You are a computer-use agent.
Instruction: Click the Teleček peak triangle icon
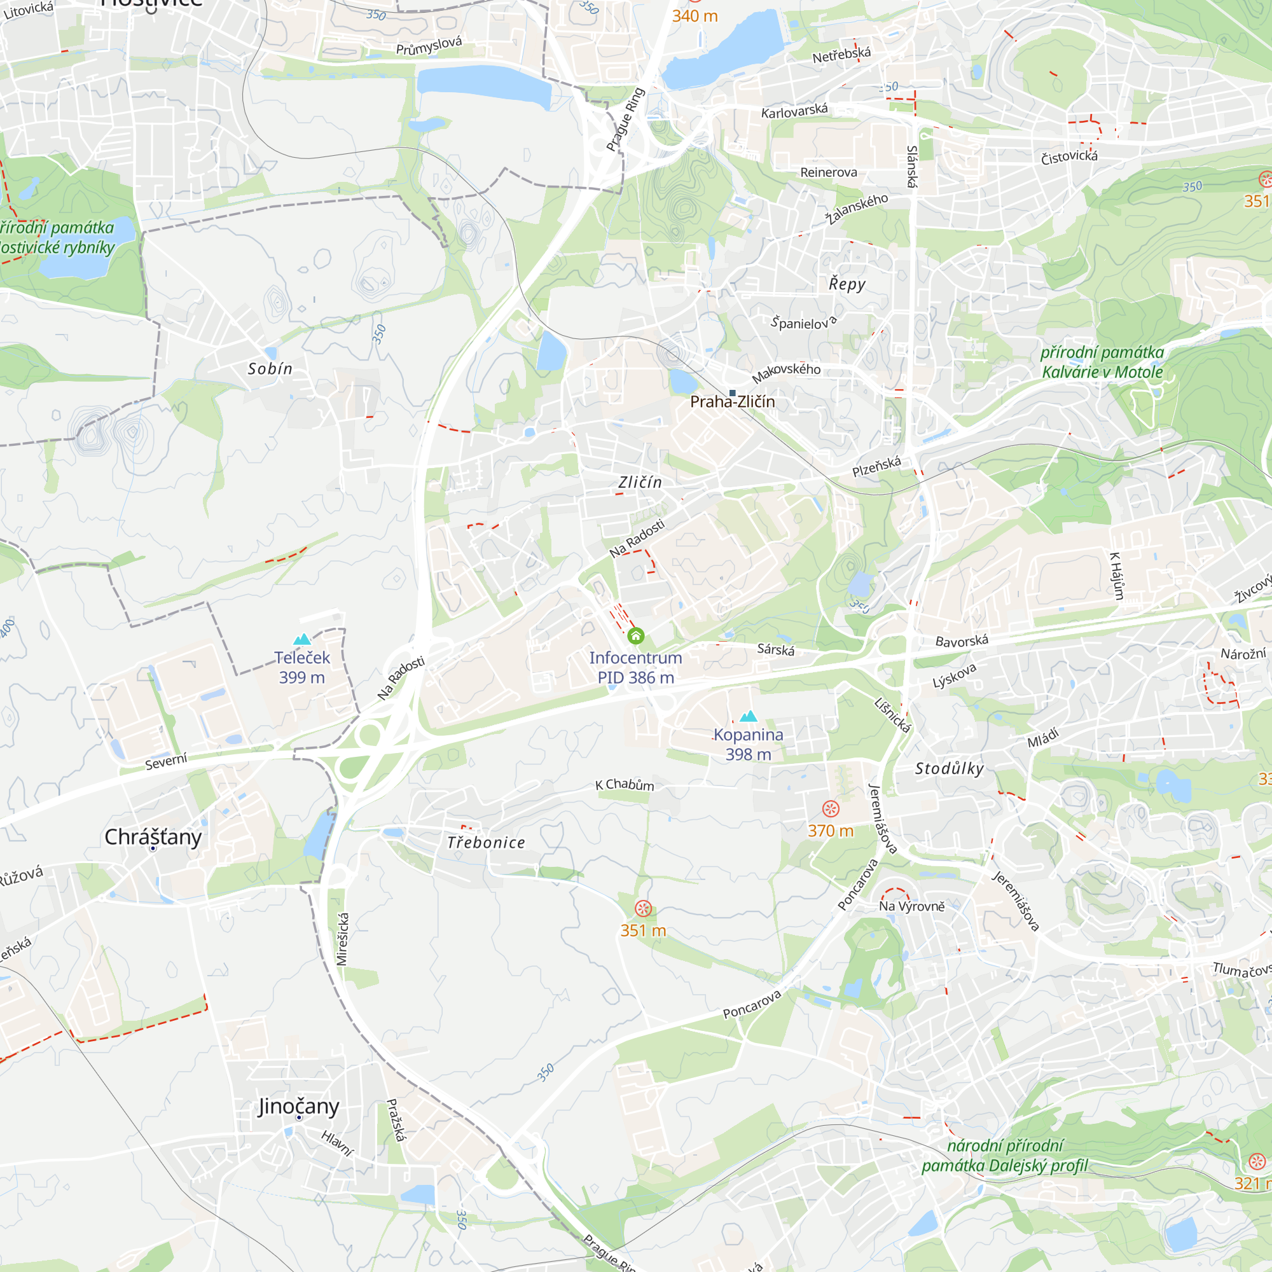[x=302, y=639]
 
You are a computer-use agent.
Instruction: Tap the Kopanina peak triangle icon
[x=749, y=716]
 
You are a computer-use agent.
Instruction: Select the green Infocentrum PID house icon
[x=635, y=636]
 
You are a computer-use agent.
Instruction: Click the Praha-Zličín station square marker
[x=732, y=393]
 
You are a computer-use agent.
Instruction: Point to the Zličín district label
[x=640, y=483]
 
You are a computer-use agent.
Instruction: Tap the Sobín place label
[x=270, y=369]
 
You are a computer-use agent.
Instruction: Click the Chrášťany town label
[x=153, y=837]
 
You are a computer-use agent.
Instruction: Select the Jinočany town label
[x=298, y=1106]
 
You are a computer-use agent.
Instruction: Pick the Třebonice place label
[x=486, y=843]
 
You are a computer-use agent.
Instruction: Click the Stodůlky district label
[x=950, y=768]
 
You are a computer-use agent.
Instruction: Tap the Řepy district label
[x=847, y=284]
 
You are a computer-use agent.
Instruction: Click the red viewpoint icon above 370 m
[x=831, y=808]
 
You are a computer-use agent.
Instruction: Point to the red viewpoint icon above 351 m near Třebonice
[x=643, y=909]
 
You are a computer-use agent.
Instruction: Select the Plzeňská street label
[x=876, y=466]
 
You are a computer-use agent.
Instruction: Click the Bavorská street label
[x=961, y=640]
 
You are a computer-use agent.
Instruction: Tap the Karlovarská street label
[x=794, y=111]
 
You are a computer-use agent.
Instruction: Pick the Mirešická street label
[x=342, y=939]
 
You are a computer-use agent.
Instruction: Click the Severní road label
[x=166, y=761]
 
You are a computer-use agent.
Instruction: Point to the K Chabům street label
[x=624, y=784]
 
